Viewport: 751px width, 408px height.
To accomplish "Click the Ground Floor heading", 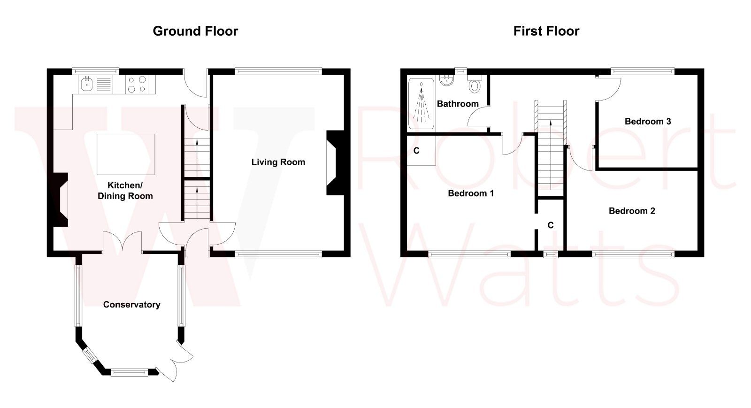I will tap(195, 31).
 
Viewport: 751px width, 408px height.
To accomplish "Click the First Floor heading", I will tap(546, 31).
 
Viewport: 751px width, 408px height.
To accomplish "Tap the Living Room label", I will tap(278, 162).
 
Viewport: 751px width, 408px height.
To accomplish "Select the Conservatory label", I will tap(131, 305).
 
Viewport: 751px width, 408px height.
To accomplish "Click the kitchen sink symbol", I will tap(87, 85).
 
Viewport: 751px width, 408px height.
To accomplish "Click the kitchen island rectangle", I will tap(125, 154).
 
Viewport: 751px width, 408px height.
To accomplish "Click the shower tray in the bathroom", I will tap(421, 103).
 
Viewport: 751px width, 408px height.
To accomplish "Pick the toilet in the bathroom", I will tap(475, 85).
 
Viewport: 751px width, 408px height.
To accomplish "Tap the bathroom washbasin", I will tap(446, 82).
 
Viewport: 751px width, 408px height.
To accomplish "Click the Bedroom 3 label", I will tap(647, 121).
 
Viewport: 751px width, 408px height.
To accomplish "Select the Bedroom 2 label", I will tap(631, 211).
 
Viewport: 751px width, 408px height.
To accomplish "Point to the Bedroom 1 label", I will tap(470, 193).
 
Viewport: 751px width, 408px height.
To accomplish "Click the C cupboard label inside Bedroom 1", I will tap(416, 151).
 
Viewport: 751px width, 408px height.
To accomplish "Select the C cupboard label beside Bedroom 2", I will tap(550, 225).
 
